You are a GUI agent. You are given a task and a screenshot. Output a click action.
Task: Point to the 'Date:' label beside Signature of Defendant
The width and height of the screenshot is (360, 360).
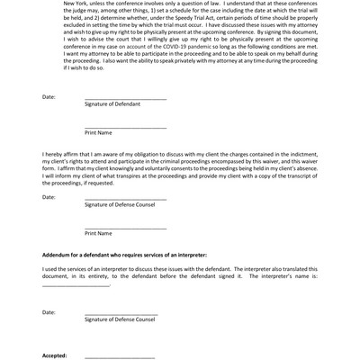pos(49,96)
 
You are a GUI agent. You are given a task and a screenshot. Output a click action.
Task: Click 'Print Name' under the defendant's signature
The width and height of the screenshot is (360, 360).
pos(98,132)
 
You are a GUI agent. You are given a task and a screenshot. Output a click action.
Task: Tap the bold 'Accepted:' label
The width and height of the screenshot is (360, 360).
pos(54,355)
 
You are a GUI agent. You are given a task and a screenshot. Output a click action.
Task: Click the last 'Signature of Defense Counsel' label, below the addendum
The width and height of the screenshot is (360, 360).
pos(121,319)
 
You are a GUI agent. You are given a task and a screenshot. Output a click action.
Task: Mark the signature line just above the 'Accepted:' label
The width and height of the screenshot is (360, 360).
pos(121,313)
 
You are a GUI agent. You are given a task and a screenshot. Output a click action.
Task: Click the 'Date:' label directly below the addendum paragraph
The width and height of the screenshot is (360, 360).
pos(49,312)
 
